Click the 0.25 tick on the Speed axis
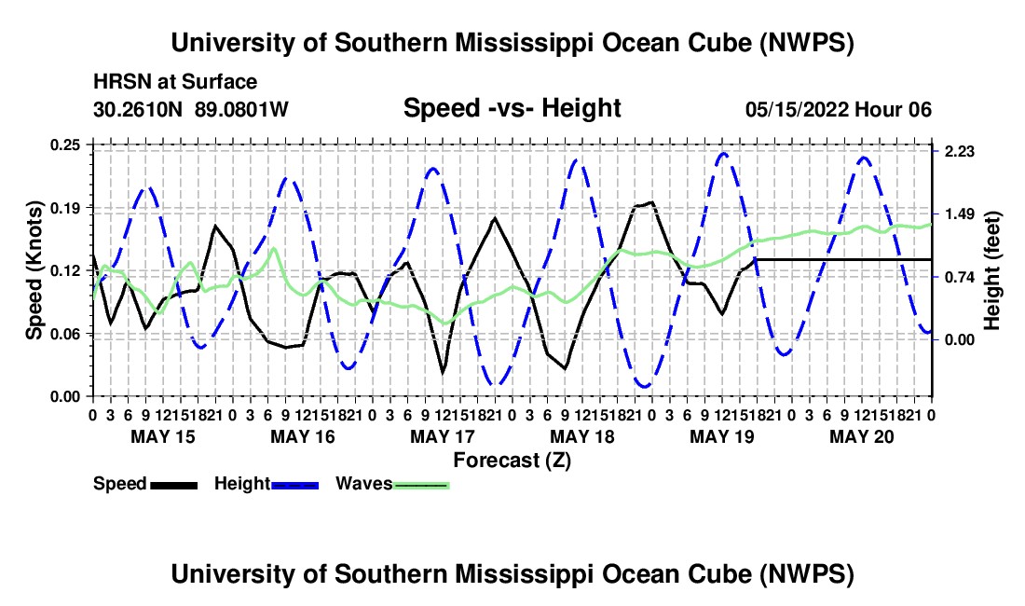[x=64, y=145]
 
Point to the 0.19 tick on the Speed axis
[x=64, y=208]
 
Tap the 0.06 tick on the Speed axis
[x=64, y=334]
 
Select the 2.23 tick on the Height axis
[x=959, y=152]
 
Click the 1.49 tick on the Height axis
[x=959, y=214]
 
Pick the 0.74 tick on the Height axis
[x=959, y=277]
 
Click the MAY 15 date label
[x=163, y=436]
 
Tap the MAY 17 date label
[x=443, y=436]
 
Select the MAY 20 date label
[x=862, y=436]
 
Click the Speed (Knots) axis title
[x=34, y=270]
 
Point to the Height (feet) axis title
[x=992, y=270]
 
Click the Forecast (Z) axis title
[x=512, y=461]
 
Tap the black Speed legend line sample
[x=174, y=485]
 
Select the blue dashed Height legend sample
[x=294, y=485]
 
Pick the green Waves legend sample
[x=421, y=485]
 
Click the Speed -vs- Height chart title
[x=512, y=108]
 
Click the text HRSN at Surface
[x=175, y=82]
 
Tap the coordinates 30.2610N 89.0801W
[x=191, y=109]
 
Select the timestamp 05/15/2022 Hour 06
[x=839, y=109]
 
